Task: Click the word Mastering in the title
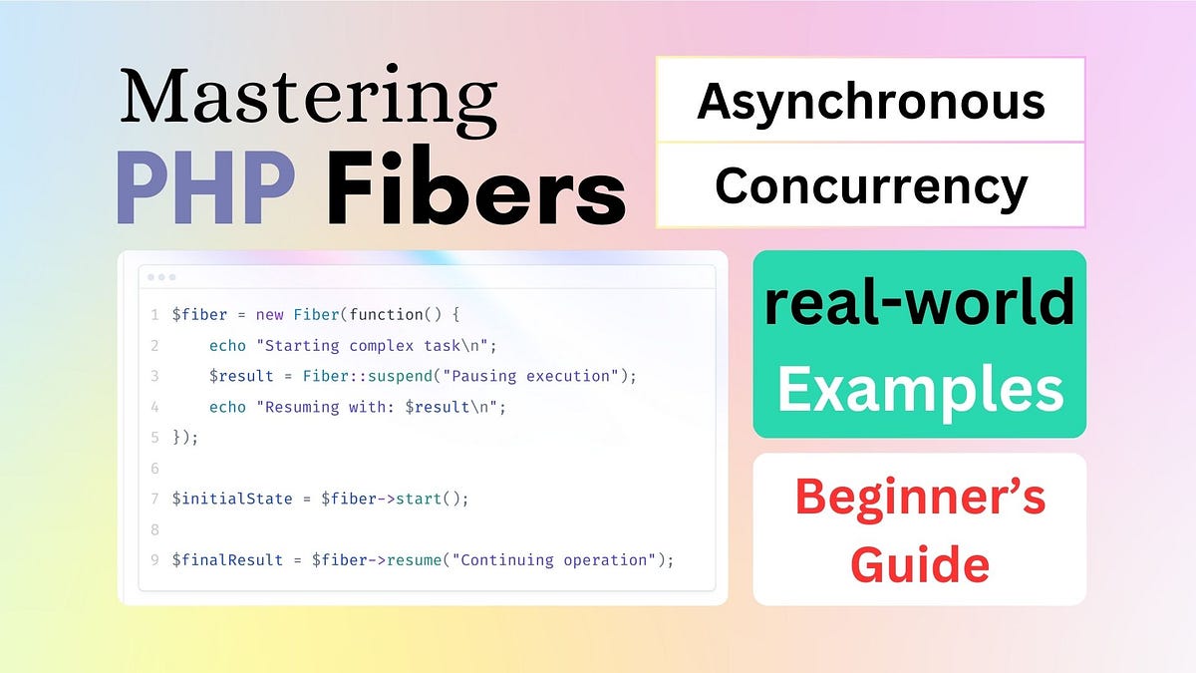308,98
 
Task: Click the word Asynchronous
870,102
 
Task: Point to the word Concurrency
870,186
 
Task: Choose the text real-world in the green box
919,304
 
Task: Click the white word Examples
919,390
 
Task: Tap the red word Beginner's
919,498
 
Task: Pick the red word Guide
919,563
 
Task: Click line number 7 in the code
154,499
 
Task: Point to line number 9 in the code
154,560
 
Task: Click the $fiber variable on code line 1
199,315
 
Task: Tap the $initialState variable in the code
232,499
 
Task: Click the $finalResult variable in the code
227,560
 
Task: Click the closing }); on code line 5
186,437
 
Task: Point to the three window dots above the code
161,277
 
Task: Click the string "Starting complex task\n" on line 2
423,346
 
